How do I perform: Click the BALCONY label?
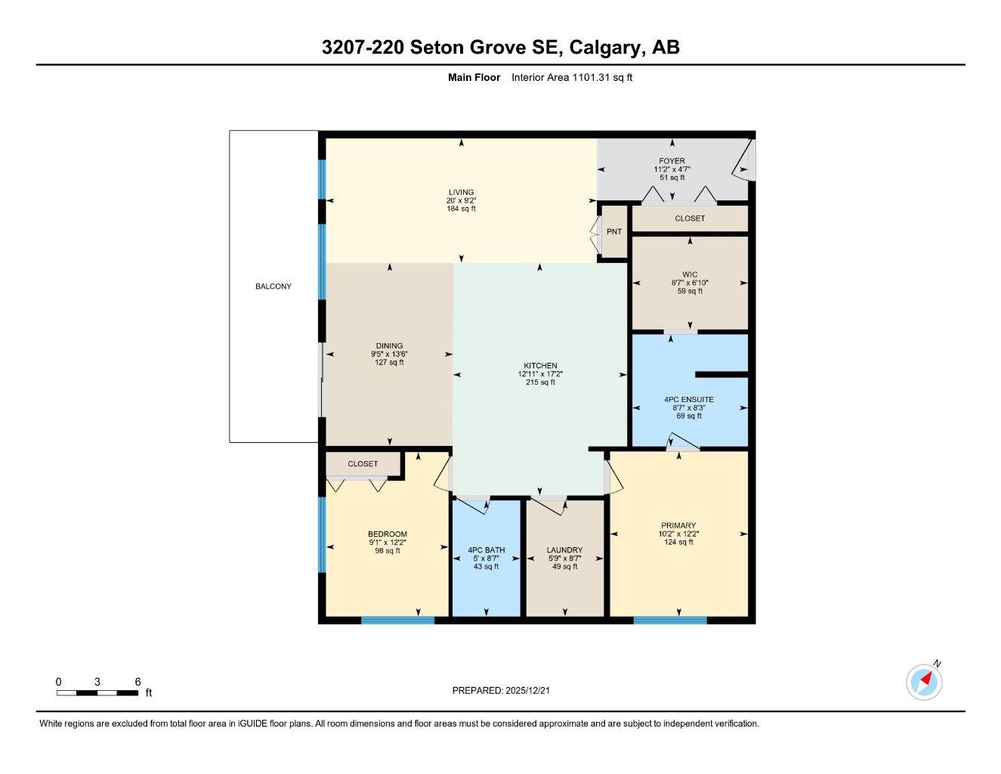click(x=273, y=286)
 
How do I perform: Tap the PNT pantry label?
click(x=614, y=232)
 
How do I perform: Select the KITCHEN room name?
click(x=541, y=366)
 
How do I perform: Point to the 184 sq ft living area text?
click(x=461, y=209)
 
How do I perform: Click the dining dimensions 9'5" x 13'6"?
click(x=390, y=354)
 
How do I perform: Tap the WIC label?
click(x=690, y=274)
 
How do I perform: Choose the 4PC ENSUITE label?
click(x=689, y=399)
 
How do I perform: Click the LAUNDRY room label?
click(x=564, y=550)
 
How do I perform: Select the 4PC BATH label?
click(x=487, y=550)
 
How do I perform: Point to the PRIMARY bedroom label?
click(x=678, y=525)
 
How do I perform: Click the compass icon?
click(x=924, y=683)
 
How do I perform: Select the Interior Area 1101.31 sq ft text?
click(x=572, y=77)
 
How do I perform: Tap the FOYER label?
click(x=672, y=161)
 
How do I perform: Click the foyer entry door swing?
click(x=743, y=160)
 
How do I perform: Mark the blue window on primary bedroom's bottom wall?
click(x=670, y=621)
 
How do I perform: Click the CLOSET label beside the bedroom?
click(x=363, y=464)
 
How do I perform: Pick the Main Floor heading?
click(x=474, y=77)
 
